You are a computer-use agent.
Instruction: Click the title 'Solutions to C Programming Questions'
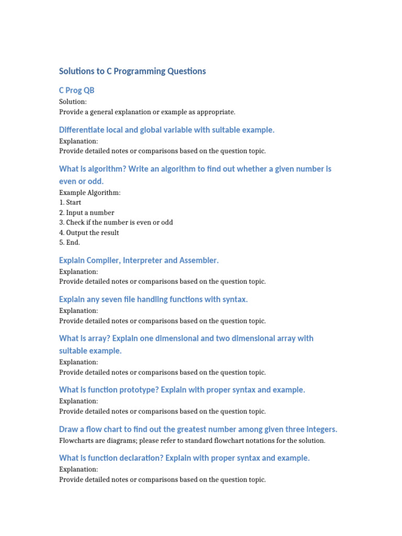pyautogui.click(x=132, y=71)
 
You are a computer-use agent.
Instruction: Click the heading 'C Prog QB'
pyautogui.click(x=76, y=91)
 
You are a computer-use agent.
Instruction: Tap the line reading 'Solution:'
pyautogui.click(x=73, y=102)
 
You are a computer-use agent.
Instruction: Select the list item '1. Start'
pyautogui.click(x=71, y=203)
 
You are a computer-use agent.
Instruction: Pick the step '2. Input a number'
pyautogui.click(x=86, y=213)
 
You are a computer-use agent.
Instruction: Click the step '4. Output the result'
pyautogui.click(x=89, y=232)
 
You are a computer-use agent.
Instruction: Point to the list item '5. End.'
pyautogui.click(x=70, y=243)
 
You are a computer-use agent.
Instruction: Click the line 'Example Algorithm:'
pyautogui.click(x=90, y=193)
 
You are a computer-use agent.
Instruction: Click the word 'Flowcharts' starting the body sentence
pyautogui.click(x=76, y=441)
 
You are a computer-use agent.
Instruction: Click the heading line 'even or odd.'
pyautogui.click(x=81, y=181)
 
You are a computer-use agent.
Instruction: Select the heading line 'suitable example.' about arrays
pyautogui.click(x=90, y=351)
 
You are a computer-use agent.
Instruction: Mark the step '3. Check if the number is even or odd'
pyautogui.click(x=116, y=222)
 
